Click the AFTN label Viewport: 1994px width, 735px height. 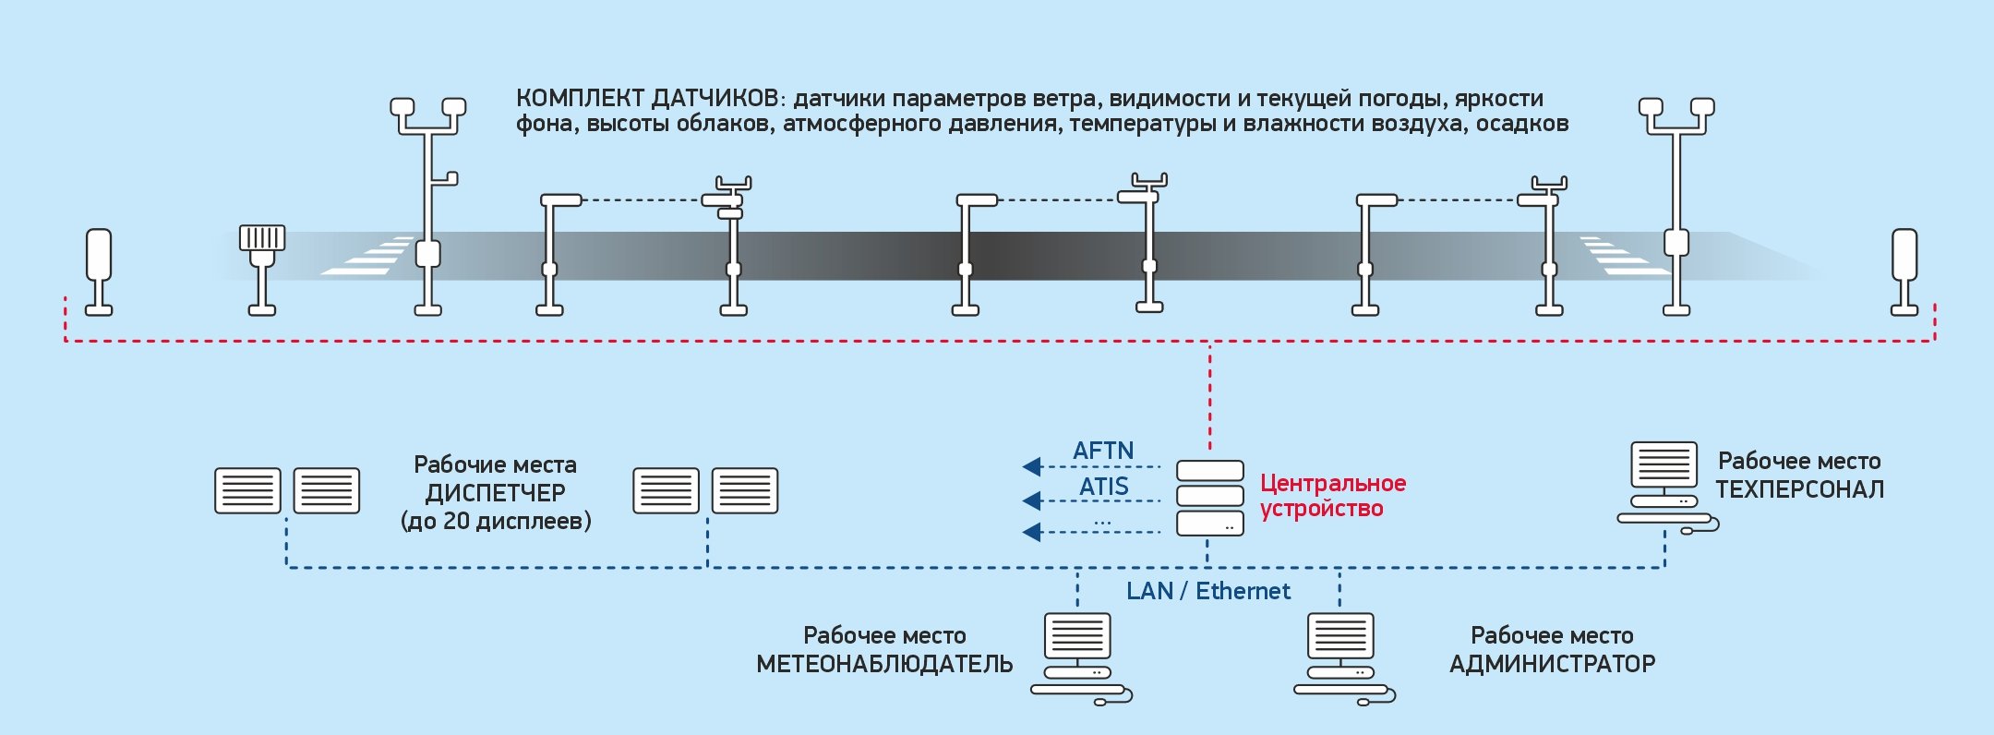click(x=1103, y=451)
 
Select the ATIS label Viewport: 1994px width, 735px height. click(x=1104, y=486)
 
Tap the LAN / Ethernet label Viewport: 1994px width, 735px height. click(x=1208, y=591)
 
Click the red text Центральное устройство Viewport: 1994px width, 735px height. click(x=1332, y=496)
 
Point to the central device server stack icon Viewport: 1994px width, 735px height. click(x=1209, y=498)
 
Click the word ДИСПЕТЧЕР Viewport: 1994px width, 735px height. click(x=495, y=492)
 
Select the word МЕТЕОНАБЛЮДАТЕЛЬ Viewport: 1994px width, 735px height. click(x=884, y=664)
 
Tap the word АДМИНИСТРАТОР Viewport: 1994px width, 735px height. click(x=1552, y=664)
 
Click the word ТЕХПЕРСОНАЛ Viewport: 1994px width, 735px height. click(x=1799, y=489)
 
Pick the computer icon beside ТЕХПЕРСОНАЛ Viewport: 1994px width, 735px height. click(x=1664, y=486)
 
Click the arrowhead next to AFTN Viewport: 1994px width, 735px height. click(x=1032, y=466)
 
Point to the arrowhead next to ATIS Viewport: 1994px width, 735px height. click(x=1032, y=500)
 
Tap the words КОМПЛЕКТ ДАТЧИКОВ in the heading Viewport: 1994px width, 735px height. click(x=648, y=99)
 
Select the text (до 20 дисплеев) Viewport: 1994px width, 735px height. click(x=496, y=521)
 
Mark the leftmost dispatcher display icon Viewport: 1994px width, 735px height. click(x=247, y=490)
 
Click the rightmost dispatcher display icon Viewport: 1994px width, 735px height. click(x=745, y=490)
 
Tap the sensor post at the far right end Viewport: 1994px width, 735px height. click(x=1904, y=271)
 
